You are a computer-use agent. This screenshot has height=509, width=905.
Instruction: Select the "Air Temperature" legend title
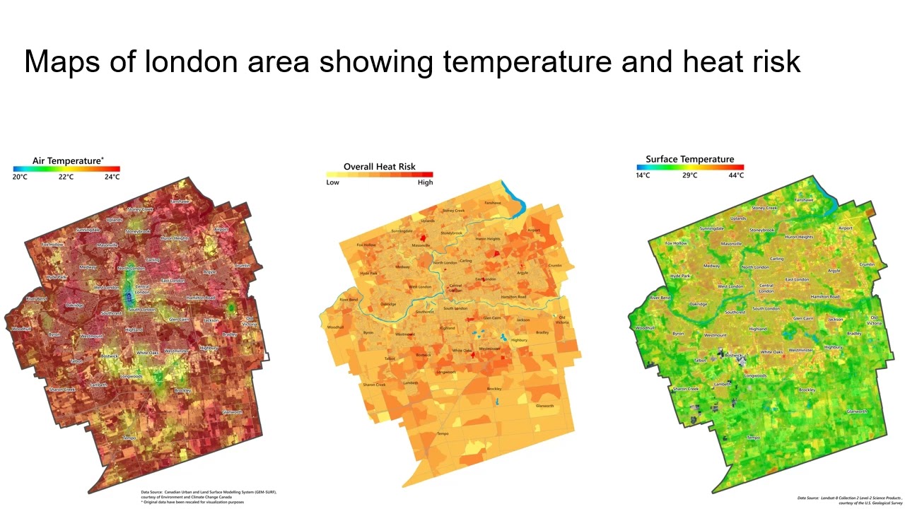click(x=68, y=160)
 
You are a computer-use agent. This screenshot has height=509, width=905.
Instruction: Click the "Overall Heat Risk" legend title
click(x=380, y=167)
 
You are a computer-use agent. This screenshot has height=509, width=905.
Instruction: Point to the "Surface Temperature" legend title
click(x=689, y=159)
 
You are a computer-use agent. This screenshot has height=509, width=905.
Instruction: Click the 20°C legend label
click(x=20, y=177)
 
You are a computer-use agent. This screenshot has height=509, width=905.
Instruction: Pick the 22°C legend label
click(x=66, y=177)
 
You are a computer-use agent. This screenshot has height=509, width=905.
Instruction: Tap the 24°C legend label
click(x=112, y=177)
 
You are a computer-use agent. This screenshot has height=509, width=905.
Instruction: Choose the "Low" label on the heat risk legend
click(x=332, y=182)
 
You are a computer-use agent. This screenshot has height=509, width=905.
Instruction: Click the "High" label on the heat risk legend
click(x=425, y=182)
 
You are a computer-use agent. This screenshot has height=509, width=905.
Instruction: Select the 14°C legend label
click(x=643, y=175)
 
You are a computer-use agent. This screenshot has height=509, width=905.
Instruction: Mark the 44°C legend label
click(x=735, y=175)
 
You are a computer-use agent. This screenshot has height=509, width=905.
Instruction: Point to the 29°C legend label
click(x=690, y=175)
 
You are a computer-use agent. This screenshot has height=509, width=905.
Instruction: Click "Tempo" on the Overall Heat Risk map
click(x=443, y=433)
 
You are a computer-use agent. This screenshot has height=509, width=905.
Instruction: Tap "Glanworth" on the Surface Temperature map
click(x=856, y=411)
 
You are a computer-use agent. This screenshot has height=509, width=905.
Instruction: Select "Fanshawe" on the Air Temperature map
click(x=180, y=201)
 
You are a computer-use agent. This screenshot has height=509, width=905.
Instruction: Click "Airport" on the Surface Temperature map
click(x=845, y=228)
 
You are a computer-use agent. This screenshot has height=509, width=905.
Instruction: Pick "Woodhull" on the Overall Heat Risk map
click(x=335, y=327)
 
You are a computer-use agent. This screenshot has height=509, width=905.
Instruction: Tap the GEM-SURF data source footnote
click(x=209, y=496)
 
